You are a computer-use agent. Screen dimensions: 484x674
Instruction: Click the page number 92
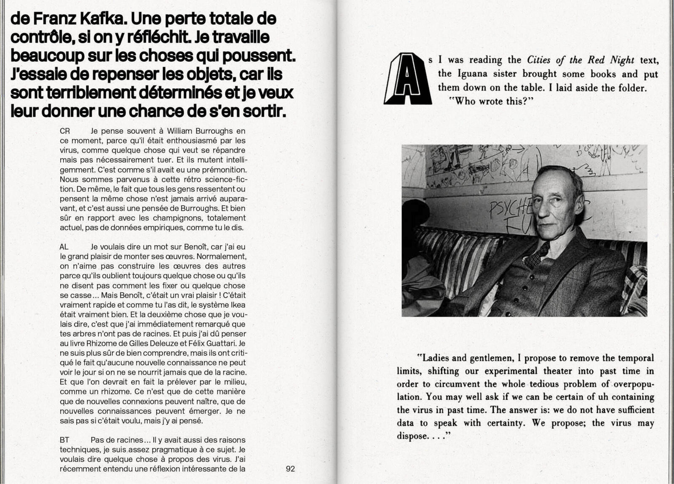(290, 468)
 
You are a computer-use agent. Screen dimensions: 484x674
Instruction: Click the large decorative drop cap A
(407, 79)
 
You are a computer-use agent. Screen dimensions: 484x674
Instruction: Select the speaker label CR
(65, 131)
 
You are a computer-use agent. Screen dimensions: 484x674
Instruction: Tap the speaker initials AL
(64, 247)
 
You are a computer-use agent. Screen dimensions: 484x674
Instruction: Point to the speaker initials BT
(64, 440)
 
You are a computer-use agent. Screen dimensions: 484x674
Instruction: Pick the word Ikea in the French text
(238, 305)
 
